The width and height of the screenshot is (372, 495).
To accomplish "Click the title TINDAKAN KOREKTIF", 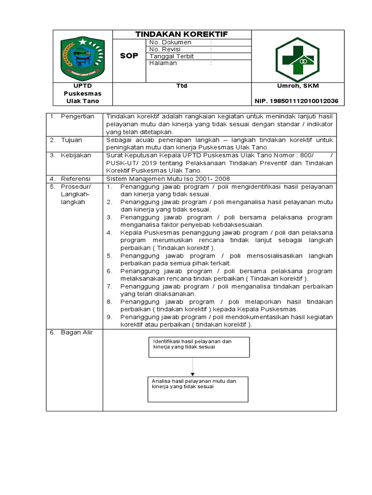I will pos(182,34).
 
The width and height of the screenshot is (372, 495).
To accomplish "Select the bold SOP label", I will pos(129,56).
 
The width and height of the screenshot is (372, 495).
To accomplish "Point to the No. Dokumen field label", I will pos(170,43).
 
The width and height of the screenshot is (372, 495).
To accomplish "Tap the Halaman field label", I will pos(163,63).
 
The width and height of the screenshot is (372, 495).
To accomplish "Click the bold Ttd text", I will pos(182,86).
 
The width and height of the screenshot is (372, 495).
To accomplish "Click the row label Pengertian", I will pos(77,116).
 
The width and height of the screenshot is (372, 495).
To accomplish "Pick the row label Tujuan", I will pos(72,140).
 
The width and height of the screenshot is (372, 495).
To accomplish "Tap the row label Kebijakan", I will pos(76,155).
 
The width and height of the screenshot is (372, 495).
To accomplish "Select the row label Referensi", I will pos(76,179).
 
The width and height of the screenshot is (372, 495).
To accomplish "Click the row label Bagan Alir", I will pos(77,332).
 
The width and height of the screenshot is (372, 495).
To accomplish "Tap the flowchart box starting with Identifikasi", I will pos(198,347).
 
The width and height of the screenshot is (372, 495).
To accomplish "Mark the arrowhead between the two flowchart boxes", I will pos(193,374).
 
